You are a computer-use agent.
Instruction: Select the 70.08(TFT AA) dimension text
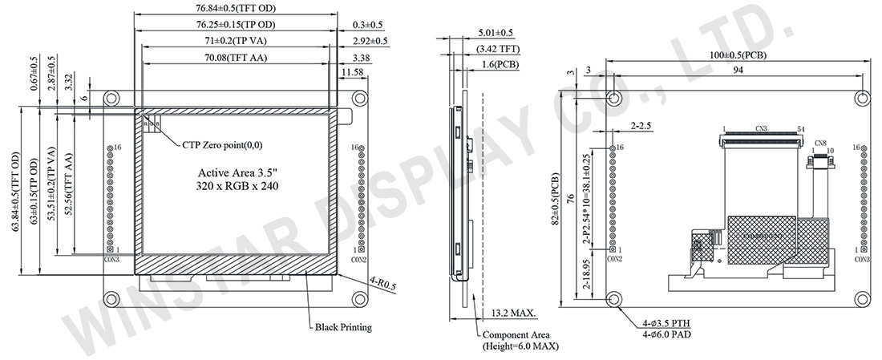click(x=235, y=57)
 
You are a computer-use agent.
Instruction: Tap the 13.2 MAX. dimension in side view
click(x=514, y=313)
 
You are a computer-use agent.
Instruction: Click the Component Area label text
click(x=520, y=335)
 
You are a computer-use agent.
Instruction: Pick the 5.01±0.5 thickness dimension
click(x=495, y=33)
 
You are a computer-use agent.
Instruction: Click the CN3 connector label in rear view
click(x=761, y=128)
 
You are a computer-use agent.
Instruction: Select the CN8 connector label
click(x=819, y=144)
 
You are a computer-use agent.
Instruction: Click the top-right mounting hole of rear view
click(x=862, y=98)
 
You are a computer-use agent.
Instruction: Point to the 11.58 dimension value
click(x=351, y=72)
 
